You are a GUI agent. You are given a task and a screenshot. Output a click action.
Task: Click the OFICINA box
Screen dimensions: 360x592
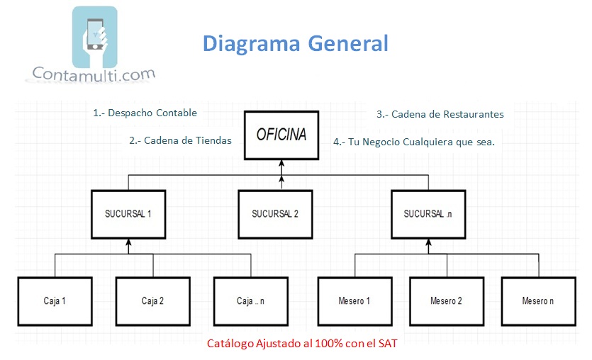[281, 134]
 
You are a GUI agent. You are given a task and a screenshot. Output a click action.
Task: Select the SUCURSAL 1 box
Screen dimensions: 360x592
[129, 213]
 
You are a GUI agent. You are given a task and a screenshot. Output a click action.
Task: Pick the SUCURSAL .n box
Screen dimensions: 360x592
[428, 213]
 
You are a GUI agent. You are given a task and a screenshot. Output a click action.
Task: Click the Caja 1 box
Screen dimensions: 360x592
[55, 300]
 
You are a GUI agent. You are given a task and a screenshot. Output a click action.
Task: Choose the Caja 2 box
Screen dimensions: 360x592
[152, 300]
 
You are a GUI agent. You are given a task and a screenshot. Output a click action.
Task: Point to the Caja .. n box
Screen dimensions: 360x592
[250, 300]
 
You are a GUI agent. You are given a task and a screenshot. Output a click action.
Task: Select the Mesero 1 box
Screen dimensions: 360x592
[354, 300]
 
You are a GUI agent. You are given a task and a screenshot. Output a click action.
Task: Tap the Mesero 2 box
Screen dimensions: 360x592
[446, 300]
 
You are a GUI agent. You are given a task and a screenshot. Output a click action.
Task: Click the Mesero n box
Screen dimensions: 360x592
[538, 300]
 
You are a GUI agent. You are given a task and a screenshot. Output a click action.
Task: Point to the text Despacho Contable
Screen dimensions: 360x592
[152, 113]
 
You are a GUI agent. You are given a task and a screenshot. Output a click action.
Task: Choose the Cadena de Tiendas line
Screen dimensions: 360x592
[180, 140]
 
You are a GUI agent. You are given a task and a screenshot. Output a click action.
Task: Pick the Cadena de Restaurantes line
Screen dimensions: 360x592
[440, 113]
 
